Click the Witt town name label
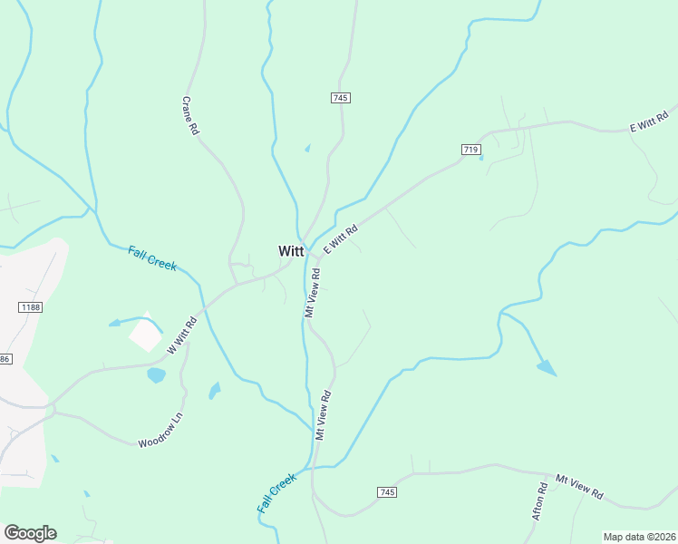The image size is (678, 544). tap(291, 252)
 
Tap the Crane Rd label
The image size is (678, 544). tap(190, 116)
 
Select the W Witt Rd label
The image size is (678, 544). tap(182, 335)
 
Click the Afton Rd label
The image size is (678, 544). tap(540, 500)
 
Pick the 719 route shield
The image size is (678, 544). tap(470, 150)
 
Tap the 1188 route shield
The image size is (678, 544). tap(31, 307)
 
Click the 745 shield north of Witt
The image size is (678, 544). tap(341, 97)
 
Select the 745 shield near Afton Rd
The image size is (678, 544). tap(386, 491)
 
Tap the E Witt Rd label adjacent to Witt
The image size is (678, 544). tap(340, 239)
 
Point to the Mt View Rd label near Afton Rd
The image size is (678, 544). tap(579, 487)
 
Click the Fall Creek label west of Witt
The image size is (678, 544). tap(151, 258)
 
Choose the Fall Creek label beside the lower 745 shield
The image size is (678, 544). tap(276, 493)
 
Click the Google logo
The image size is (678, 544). tap(30, 533)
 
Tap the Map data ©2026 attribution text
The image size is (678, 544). tap(638, 536)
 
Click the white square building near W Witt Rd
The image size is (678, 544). tap(146, 335)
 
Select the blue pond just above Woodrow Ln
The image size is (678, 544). tap(156, 374)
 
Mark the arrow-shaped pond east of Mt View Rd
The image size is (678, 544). tap(547, 367)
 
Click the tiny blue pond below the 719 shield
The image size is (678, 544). tap(480, 158)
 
